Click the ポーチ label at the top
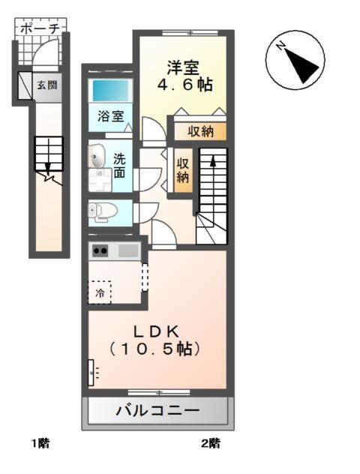(x=40, y=29)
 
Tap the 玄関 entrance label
(x=46, y=85)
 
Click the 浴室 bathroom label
(x=110, y=116)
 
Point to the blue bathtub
(x=110, y=91)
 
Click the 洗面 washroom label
(x=119, y=166)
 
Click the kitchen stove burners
(x=100, y=251)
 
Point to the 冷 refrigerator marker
(x=100, y=292)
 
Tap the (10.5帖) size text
(x=157, y=349)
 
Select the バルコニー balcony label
(x=157, y=411)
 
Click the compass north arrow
(x=298, y=61)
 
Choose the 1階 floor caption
(x=40, y=442)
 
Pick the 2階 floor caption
(x=210, y=442)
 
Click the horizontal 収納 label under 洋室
(x=200, y=132)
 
